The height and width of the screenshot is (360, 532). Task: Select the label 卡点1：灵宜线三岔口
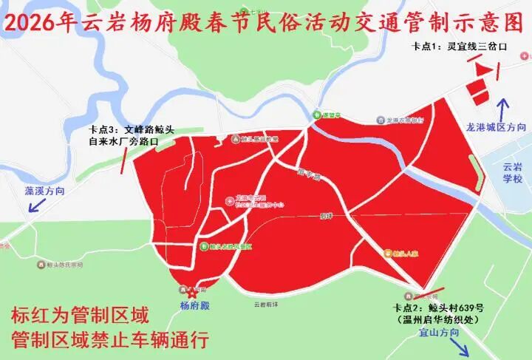[459, 47]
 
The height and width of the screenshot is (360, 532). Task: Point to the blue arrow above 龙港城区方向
[504, 111]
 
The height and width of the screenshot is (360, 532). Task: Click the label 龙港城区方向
[496, 127]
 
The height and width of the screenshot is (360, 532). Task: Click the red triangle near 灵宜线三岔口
[482, 69]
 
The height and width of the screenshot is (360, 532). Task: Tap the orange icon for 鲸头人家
[389, 253]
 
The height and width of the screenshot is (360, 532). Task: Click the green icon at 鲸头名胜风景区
[203, 246]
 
